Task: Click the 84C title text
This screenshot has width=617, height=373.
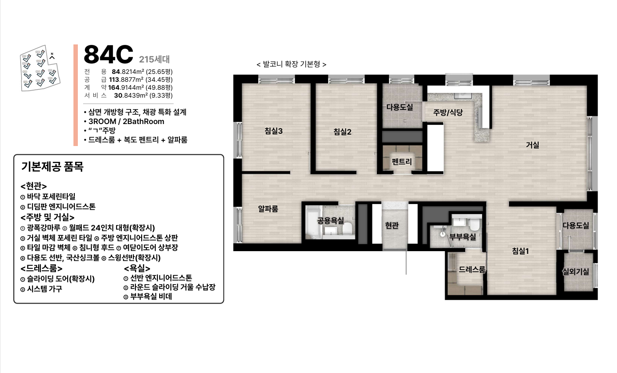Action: coord(108,55)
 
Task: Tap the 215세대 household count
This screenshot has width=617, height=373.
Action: coord(154,59)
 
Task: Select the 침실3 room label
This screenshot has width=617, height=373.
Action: coord(273,131)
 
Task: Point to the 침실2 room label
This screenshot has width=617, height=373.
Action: coord(342,132)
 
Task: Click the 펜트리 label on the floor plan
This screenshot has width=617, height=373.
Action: coord(402,161)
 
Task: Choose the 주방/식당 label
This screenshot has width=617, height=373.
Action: coord(448,113)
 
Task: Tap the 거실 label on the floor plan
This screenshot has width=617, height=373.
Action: coord(532,145)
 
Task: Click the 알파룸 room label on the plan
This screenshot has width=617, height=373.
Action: coord(268,209)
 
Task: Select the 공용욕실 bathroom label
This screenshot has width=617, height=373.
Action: coord(330,221)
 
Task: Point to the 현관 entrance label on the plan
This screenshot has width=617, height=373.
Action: coord(391,225)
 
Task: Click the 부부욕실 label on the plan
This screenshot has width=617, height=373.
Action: coord(462,237)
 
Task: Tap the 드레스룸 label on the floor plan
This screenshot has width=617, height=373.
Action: coord(471,270)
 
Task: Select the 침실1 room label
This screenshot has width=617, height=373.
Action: coord(520,251)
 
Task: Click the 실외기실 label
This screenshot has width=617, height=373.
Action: coord(576,272)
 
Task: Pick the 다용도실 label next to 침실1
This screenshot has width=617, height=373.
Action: coord(576,225)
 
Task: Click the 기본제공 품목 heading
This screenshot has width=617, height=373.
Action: coord(52,167)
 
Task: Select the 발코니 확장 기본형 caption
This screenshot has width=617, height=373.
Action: coord(291,64)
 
